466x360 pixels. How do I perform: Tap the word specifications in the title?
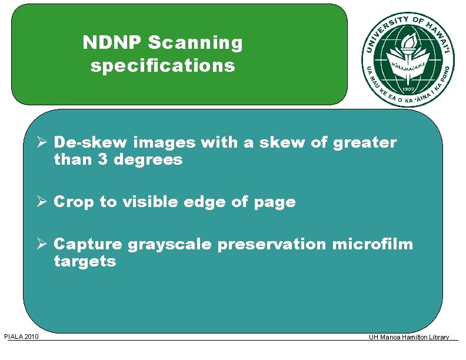(163, 65)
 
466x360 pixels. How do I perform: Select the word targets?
(85, 262)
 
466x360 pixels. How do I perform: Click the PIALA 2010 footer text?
(21, 336)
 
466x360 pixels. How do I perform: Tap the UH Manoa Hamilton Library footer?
(409, 337)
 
